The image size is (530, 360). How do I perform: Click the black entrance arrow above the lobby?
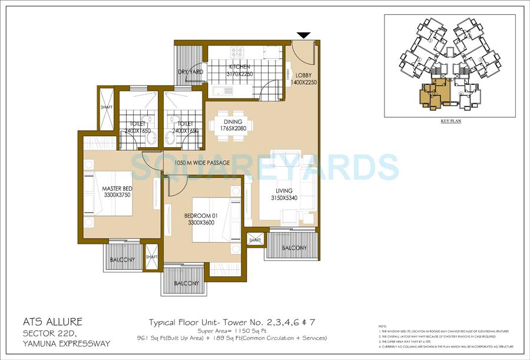[304, 36]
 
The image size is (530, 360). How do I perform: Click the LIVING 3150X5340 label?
[283, 194]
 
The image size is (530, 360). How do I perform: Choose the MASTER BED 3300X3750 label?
[117, 191]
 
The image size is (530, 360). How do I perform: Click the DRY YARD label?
[190, 72]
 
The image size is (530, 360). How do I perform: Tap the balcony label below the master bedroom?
[122, 260]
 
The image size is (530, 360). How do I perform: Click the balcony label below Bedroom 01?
[186, 283]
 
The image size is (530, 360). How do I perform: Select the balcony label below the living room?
[293, 248]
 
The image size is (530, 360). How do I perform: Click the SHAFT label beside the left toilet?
[107, 107]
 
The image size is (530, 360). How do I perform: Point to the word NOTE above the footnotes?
[383, 326]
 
